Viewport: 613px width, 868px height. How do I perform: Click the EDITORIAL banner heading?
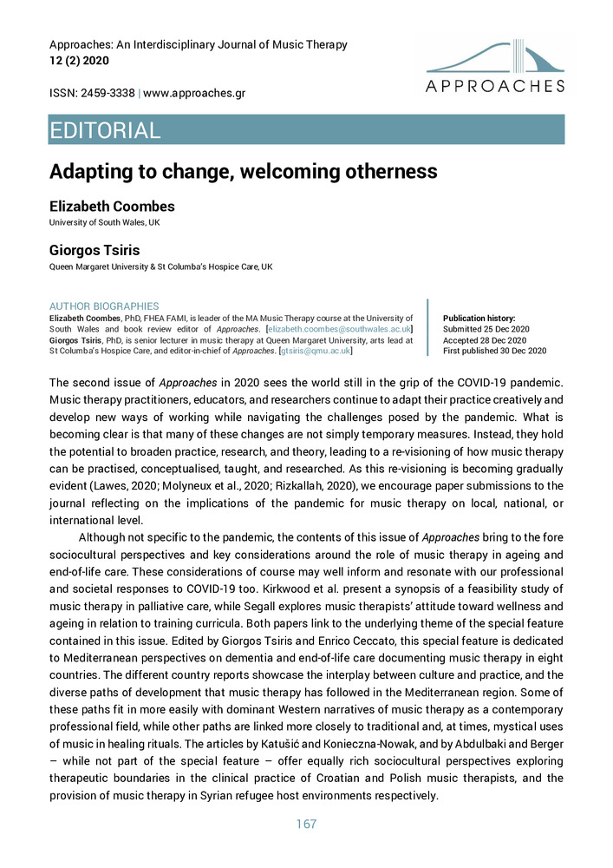(106, 131)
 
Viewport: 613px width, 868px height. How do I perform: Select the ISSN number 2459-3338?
(108, 92)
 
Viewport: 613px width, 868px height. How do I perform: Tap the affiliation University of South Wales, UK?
(104, 223)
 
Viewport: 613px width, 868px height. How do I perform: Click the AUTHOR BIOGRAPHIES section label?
(104, 306)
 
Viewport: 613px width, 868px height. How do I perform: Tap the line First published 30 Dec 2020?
(494, 351)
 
